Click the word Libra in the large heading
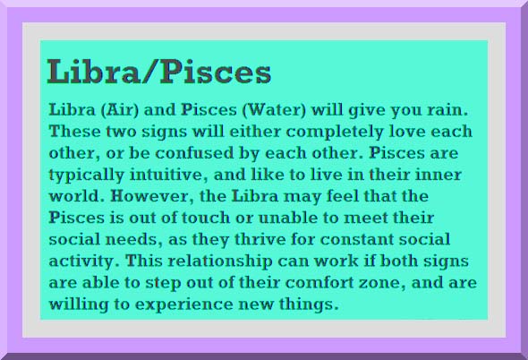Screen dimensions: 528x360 (x=93, y=71)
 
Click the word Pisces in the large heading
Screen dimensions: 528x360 (x=216, y=71)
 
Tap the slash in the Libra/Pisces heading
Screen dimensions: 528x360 (x=149, y=72)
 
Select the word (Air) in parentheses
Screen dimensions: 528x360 (x=120, y=110)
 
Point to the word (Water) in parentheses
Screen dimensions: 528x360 (x=274, y=110)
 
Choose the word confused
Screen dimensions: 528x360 (x=194, y=153)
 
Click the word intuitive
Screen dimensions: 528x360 (x=169, y=175)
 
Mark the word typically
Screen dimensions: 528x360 (x=87, y=176)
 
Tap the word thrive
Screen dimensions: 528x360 (x=260, y=239)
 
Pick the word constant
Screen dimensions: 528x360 (x=356, y=239)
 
